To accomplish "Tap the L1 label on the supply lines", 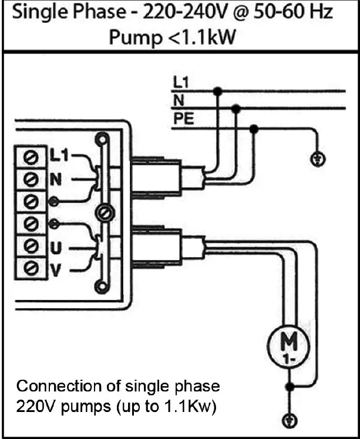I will coord(180,83).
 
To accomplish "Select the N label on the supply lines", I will coord(178,100).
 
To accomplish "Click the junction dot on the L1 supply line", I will coord(218,91).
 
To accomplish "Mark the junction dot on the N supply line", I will coord(235,109).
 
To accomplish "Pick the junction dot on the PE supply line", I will coord(254,128).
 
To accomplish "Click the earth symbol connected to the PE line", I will coord(317,159).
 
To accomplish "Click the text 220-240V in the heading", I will coord(175,13).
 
